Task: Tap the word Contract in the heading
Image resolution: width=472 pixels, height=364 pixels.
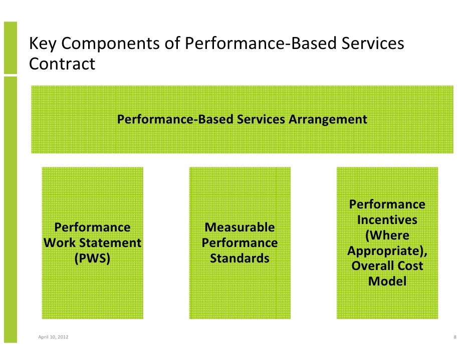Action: pyautogui.click(x=62, y=64)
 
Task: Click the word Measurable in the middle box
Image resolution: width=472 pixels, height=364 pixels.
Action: pyautogui.click(x=240, y=228)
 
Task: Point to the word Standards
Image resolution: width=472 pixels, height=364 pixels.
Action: pyautogui.click(x=240, y=259)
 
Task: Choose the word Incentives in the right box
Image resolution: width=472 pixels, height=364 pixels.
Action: pyautogui.click(x=387, y=220)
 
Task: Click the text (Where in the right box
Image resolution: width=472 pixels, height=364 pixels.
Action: pyautogui.click(x=387, y=235)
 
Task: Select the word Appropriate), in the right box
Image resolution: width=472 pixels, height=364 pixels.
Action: pyautogui.click(x=387, y=251)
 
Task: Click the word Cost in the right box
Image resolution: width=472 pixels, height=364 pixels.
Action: pyautogui.click(x=412, y=266)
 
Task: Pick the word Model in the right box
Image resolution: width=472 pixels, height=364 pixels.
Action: pyautogui.click(x=387, y=281)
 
